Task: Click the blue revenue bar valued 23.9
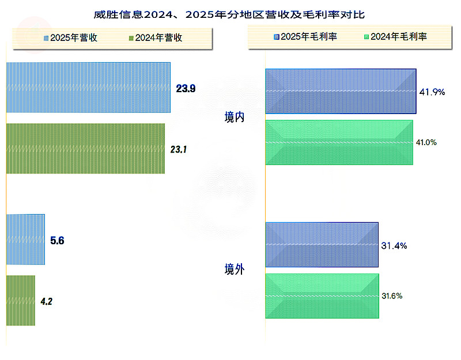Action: (x=88, y=88)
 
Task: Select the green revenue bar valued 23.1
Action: (x=85, y=149)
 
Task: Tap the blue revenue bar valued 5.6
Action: (x=25, y=240)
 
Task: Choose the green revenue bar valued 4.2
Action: (x=21, y=300)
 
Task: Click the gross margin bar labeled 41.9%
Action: (x=341, y=91)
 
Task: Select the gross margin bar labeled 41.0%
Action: (x=339, y=142)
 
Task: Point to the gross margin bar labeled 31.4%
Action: (x=322, y=244)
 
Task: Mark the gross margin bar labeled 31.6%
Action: (x=322, y=296)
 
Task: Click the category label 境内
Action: (x=235, y=118)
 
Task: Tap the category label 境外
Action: (x=235, y=269)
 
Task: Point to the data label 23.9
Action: (x=186, y=89)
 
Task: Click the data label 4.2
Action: (x=47, y=301)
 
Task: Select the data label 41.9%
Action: (x=432, y=92)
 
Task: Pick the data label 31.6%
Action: (x=392, y=296)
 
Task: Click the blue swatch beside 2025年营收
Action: (x=46, y=38)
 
